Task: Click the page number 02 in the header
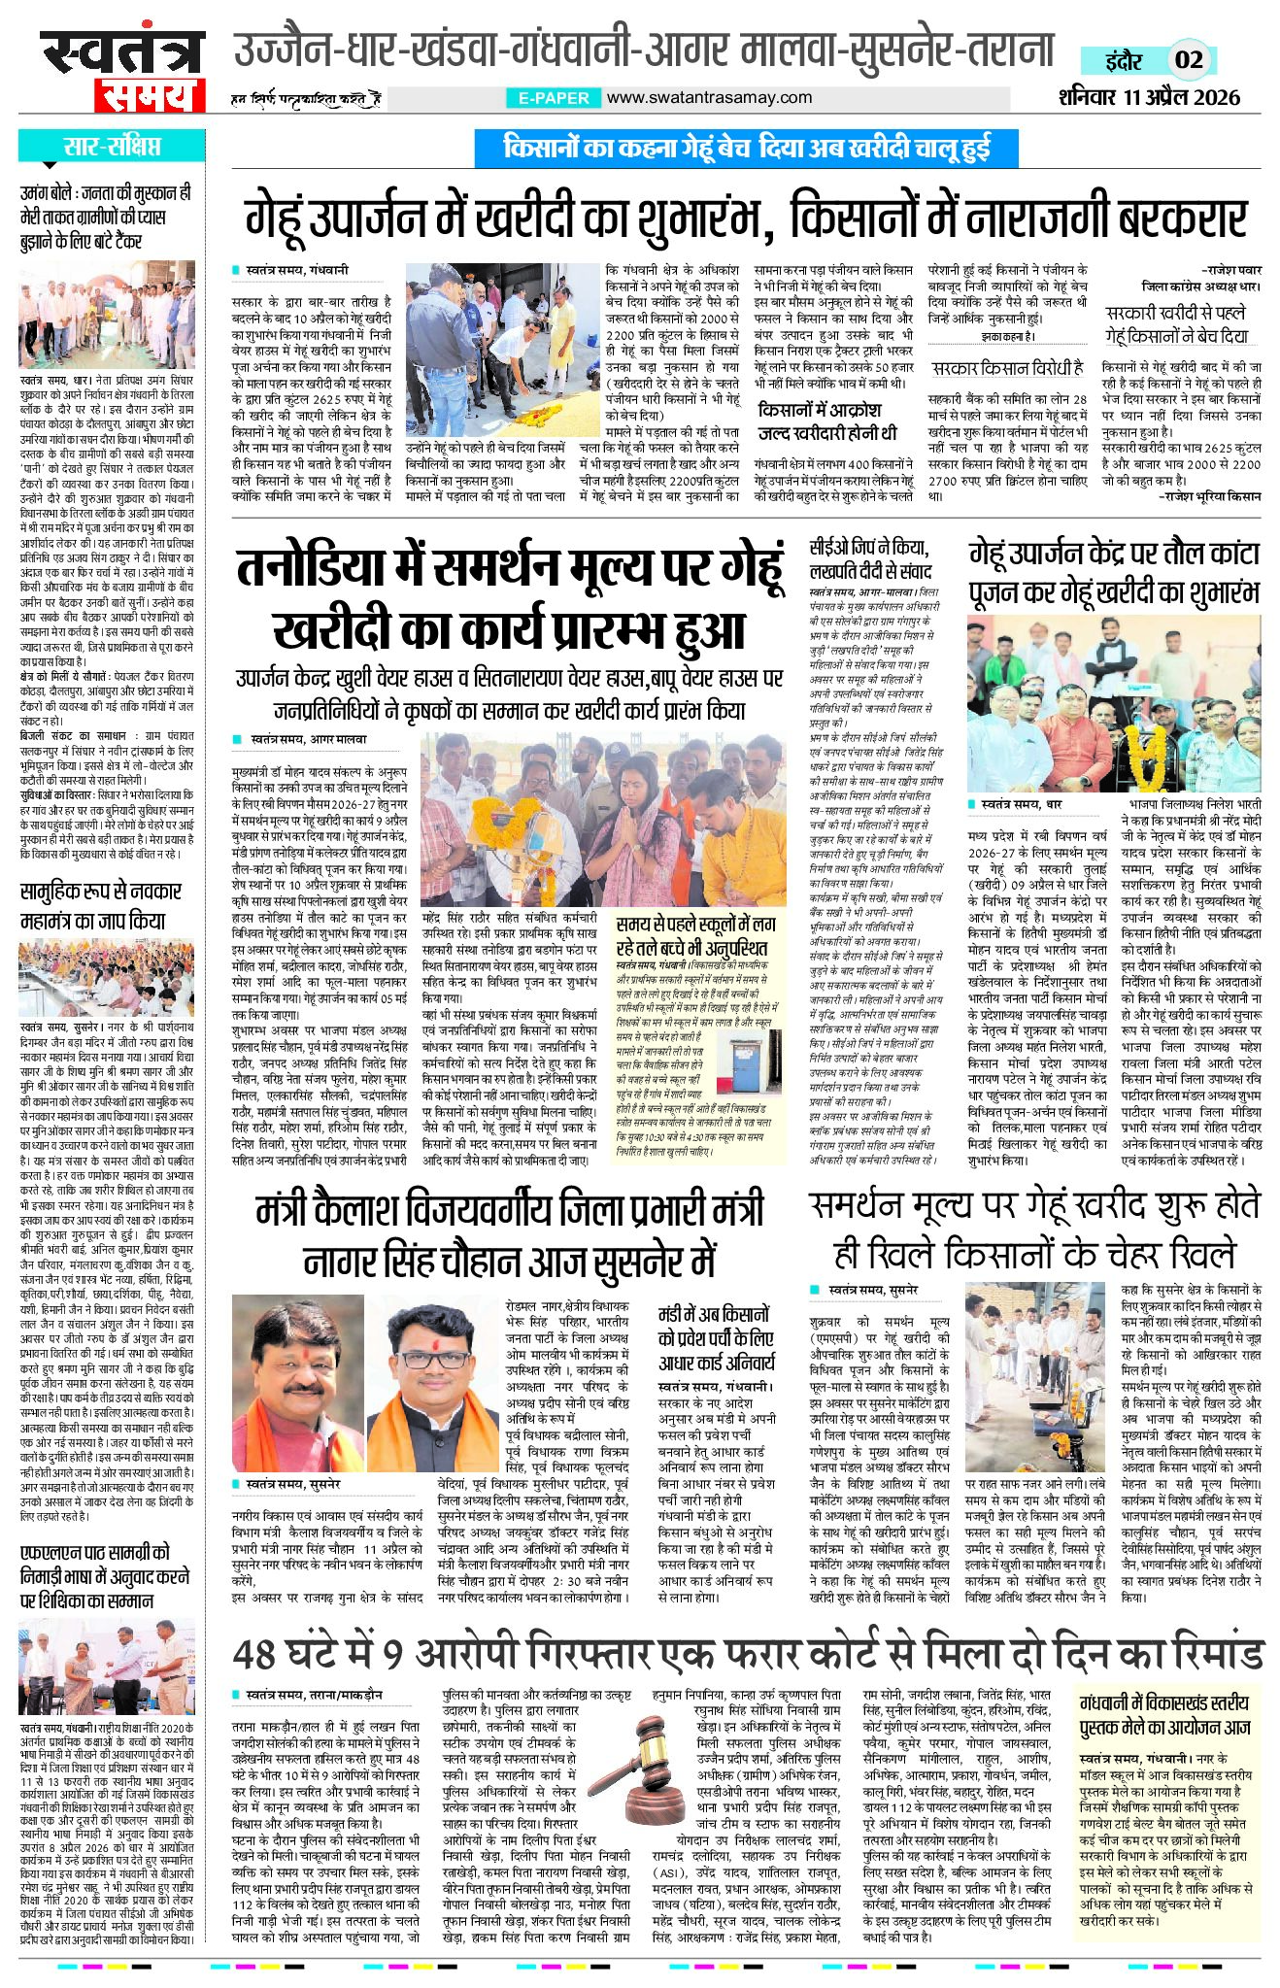click(x=1190, y=59)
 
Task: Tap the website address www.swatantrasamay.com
click(x=709, y=97)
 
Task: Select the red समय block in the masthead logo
click(x=149, y=94)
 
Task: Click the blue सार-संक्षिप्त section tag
click(x=112, y=147)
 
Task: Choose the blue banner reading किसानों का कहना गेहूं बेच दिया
click(x=746, y=149)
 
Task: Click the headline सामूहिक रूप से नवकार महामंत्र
click(x=100, y=905)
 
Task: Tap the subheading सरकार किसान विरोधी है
click(x=1006, y=368)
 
